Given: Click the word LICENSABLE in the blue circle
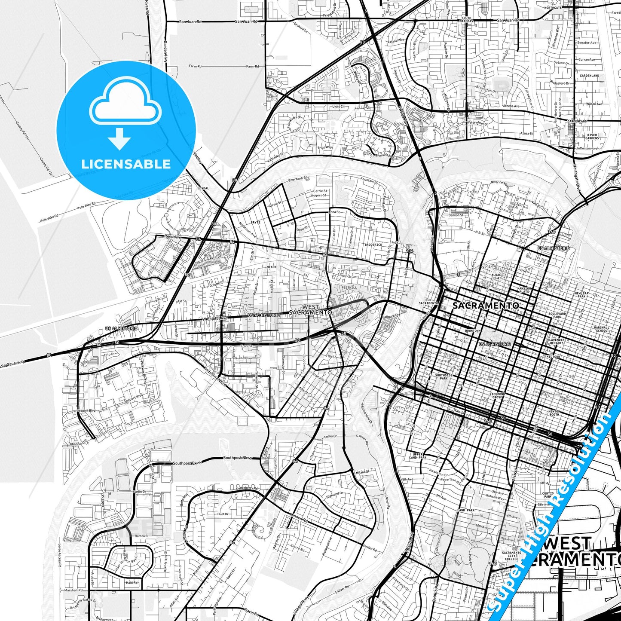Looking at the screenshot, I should (x=126, y=164).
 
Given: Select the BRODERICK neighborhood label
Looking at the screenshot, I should (x=373, y=245).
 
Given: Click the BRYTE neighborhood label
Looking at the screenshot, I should (x=255, y=223).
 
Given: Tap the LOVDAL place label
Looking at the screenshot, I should (x=203, y=188).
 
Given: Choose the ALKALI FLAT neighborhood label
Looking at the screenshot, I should (x=497, y=276).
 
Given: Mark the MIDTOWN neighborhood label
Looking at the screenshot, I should (x=554, y=357).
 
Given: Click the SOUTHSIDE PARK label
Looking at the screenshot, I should (x=444, y=376).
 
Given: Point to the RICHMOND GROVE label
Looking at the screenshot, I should (x=497, y=395).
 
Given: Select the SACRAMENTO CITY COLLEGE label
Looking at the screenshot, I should (x=511, y=556).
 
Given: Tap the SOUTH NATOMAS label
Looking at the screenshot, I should (x=466, y=19).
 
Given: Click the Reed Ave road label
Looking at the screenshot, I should (x=173, y=237).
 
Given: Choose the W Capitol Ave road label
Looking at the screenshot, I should (x=215, y=319).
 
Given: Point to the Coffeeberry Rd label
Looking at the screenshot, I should (x=247, y=489).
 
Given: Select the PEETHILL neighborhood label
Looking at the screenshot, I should (x=349, y=288).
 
